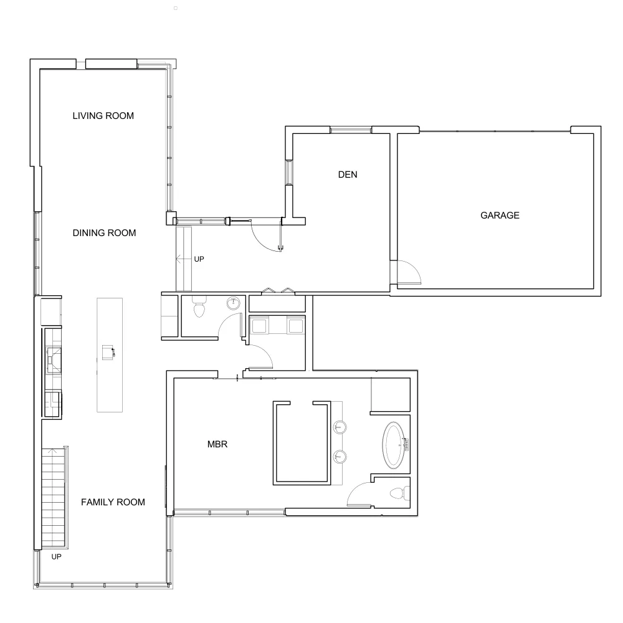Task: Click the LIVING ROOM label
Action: pos(103,116)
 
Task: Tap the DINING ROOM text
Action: pos(104,233)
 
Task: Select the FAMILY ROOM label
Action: pos(113,502)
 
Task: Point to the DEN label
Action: pos(348,174)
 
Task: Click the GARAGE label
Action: pos(500,216)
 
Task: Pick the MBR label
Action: pos(217,444)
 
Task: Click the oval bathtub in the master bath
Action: pos(394,445)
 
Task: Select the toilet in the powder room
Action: pos(199,307)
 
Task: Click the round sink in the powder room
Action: pos(233,303)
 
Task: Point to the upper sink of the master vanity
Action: pos(340,427)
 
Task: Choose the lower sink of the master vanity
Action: pos(340,457)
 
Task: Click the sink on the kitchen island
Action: pos(108,353)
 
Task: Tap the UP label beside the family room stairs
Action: pos(57,556)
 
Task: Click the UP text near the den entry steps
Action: pos(199,259)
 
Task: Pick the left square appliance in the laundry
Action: pos(259,326)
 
